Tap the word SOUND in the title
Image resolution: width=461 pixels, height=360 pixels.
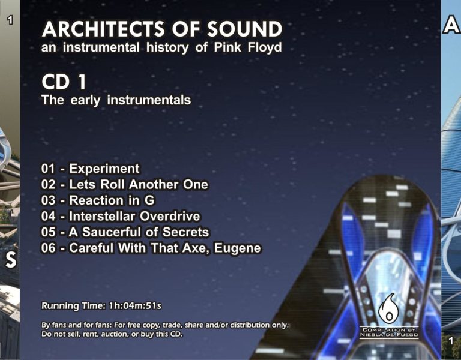point(245,29)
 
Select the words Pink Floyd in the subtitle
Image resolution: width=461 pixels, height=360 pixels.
point(247,47)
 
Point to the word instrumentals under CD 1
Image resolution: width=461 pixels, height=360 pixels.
point(149,100)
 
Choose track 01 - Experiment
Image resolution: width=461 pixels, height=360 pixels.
point(90,169)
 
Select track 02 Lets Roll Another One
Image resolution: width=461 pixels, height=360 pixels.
point(124,185)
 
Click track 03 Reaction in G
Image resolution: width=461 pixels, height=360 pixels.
point(98,200)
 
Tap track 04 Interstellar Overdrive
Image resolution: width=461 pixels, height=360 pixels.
point(121,216)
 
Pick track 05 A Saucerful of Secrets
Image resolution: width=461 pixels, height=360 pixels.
point(125,232)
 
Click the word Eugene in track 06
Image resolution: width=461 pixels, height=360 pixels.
point(237,248)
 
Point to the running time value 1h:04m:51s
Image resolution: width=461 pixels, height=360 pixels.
point(135,306)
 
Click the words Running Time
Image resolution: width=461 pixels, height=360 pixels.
point(73,306)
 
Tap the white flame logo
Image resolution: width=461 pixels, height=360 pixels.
point(388,308)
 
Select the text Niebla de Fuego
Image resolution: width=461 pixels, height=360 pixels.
point(389,334)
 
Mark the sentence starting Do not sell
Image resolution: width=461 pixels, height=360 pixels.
point(112,334)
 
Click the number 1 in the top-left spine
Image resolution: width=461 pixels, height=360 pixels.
point(10,20)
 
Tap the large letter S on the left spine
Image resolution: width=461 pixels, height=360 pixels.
point(11,260)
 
